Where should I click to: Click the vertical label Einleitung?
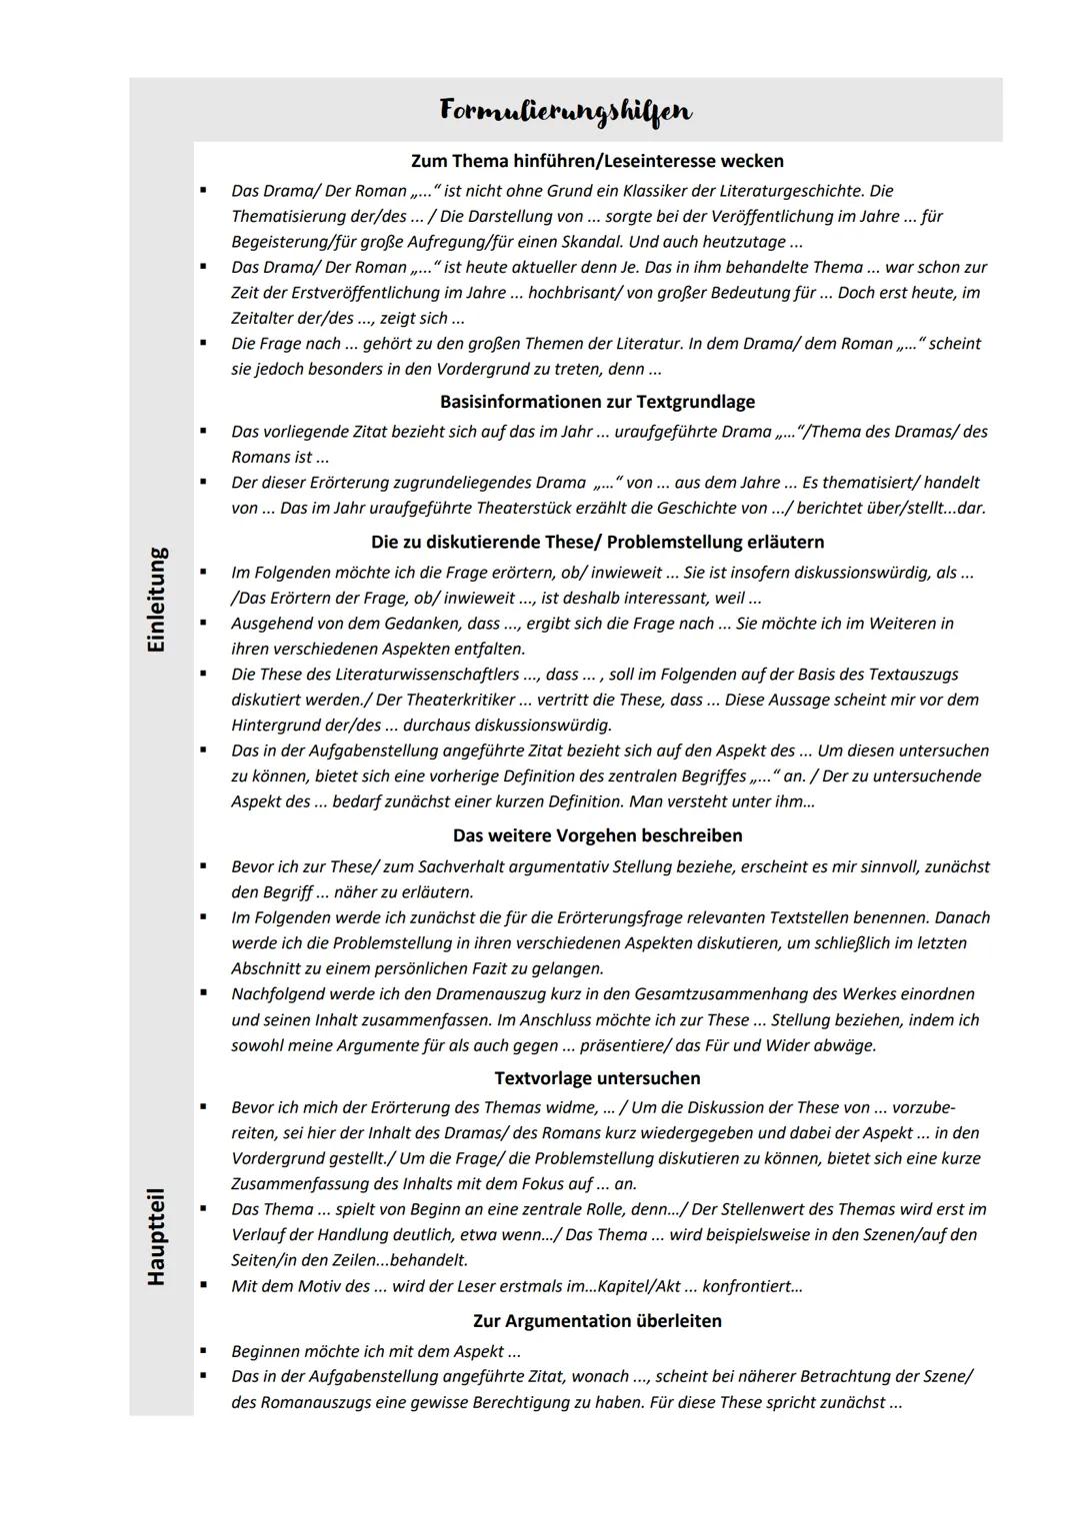pos(157,600)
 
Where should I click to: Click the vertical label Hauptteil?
pos(157,1236)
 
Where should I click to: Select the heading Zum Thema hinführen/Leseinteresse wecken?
pos(597,161)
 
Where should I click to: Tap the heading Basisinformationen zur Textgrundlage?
pos(597,402)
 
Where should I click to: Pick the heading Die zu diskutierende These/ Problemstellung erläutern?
pos(597,542)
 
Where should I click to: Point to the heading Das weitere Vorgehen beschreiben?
pos(597,835)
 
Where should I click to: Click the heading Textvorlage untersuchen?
pos(597,1078)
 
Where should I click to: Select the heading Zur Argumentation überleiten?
pos(597,1321)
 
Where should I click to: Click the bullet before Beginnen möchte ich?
pos(203,1351)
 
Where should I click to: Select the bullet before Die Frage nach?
pos(203,343)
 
